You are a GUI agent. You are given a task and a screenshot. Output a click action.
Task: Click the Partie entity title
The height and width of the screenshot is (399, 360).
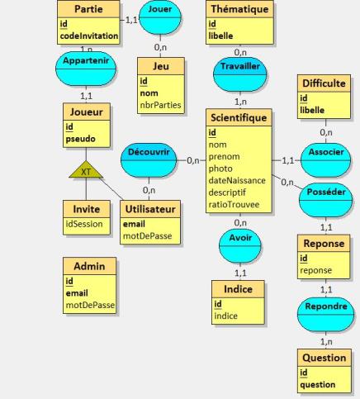[x=88, y=9]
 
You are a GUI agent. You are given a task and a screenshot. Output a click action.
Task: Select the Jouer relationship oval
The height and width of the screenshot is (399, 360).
[x=160, y=17]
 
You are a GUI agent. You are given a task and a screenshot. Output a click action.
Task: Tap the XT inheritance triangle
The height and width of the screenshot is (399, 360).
[x=86, y=169]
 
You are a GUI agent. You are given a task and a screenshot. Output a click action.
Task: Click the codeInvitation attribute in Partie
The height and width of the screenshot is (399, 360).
[x=89, y=36]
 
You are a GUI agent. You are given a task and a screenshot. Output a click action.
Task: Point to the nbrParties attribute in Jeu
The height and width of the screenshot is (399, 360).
[x=160, y=105]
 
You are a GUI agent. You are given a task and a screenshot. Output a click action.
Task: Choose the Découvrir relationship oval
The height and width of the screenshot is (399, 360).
[x=149, y=160]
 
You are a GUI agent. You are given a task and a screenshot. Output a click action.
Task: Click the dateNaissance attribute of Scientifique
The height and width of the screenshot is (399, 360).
[x=237, y=180]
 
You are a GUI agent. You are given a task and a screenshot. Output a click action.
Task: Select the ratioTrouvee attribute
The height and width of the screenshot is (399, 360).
[x=234, y=204]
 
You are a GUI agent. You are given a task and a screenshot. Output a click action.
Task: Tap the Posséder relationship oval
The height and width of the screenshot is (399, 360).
[x=325, y=200]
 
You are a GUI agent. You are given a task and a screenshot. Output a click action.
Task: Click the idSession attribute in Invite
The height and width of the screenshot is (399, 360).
[x=84, y=224]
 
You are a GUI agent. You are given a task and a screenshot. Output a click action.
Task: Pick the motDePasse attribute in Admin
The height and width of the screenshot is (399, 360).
[x=90, y=305]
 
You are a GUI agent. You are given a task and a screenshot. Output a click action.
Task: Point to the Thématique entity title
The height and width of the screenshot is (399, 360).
[x=239, y=9]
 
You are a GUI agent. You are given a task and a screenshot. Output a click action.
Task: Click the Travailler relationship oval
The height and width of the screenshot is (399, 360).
[x=240, y=74]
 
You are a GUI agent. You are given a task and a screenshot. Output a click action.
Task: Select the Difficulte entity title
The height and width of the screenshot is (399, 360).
[x=324, y=83]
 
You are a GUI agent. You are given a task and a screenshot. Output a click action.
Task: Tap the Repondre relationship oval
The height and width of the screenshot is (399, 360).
[x=325, y=315]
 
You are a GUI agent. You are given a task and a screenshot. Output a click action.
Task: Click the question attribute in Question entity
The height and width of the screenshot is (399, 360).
[x=318, y=384]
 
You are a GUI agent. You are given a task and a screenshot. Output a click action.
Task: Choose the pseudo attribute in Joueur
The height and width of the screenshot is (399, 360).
[x=80, y=139]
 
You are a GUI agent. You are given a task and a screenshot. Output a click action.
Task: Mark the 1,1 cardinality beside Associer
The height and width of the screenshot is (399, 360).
[x=288, y=160]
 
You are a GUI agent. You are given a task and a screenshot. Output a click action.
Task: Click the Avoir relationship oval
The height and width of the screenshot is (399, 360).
[x=240, y=246]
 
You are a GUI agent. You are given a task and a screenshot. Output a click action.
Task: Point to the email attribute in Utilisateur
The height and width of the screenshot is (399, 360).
[x=134, y=224]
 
